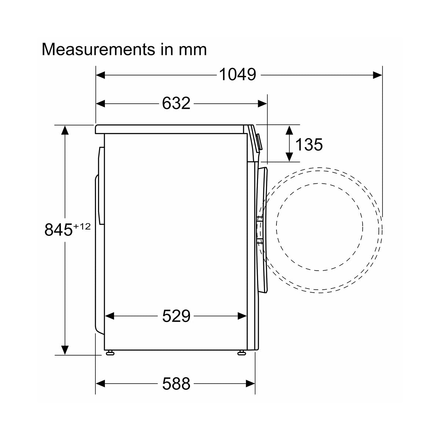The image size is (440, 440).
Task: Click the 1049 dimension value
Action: point(238,74)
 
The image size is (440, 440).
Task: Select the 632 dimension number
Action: point(176,103)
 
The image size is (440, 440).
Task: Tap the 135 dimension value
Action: point(309,144)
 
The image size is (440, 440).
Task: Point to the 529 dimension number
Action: point(176,316)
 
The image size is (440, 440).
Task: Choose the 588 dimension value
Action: point(176,384)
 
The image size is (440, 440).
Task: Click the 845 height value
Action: point(58,230)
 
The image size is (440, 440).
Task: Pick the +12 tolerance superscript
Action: point(82,227)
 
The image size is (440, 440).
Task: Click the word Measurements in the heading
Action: point(98,49)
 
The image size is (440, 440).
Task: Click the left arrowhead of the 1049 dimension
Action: point(100,75)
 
